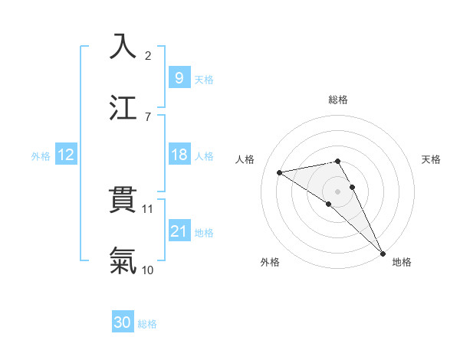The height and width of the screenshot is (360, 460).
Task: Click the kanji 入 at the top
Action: point(123,47)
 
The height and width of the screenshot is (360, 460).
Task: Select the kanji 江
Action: point(123,107)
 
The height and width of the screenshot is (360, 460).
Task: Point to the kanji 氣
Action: point(123,260)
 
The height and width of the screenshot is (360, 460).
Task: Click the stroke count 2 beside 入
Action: point(148,56)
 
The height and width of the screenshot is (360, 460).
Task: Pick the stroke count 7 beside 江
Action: point(148,116)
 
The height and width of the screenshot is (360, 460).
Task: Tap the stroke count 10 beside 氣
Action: point(148,270)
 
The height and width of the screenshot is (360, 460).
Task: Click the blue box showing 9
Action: point(179,77)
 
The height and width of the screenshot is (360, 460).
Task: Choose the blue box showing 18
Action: point(179,155)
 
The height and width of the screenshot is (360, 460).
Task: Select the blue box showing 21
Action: point(179,231)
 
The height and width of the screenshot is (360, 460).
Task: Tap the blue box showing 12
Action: point(66,155)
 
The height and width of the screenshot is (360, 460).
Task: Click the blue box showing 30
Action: point(123,322)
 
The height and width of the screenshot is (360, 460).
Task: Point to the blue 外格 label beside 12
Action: point(41,155)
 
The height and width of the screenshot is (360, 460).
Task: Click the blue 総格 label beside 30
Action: point(147,324)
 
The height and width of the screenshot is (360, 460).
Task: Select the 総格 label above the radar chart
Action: point(338,100)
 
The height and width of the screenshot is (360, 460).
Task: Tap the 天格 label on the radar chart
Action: point(432,159)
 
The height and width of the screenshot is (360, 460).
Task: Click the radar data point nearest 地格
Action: point(383,254)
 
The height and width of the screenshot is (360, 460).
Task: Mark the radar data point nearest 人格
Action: point(280,172)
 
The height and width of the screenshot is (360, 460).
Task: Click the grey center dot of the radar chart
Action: point(338,190)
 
